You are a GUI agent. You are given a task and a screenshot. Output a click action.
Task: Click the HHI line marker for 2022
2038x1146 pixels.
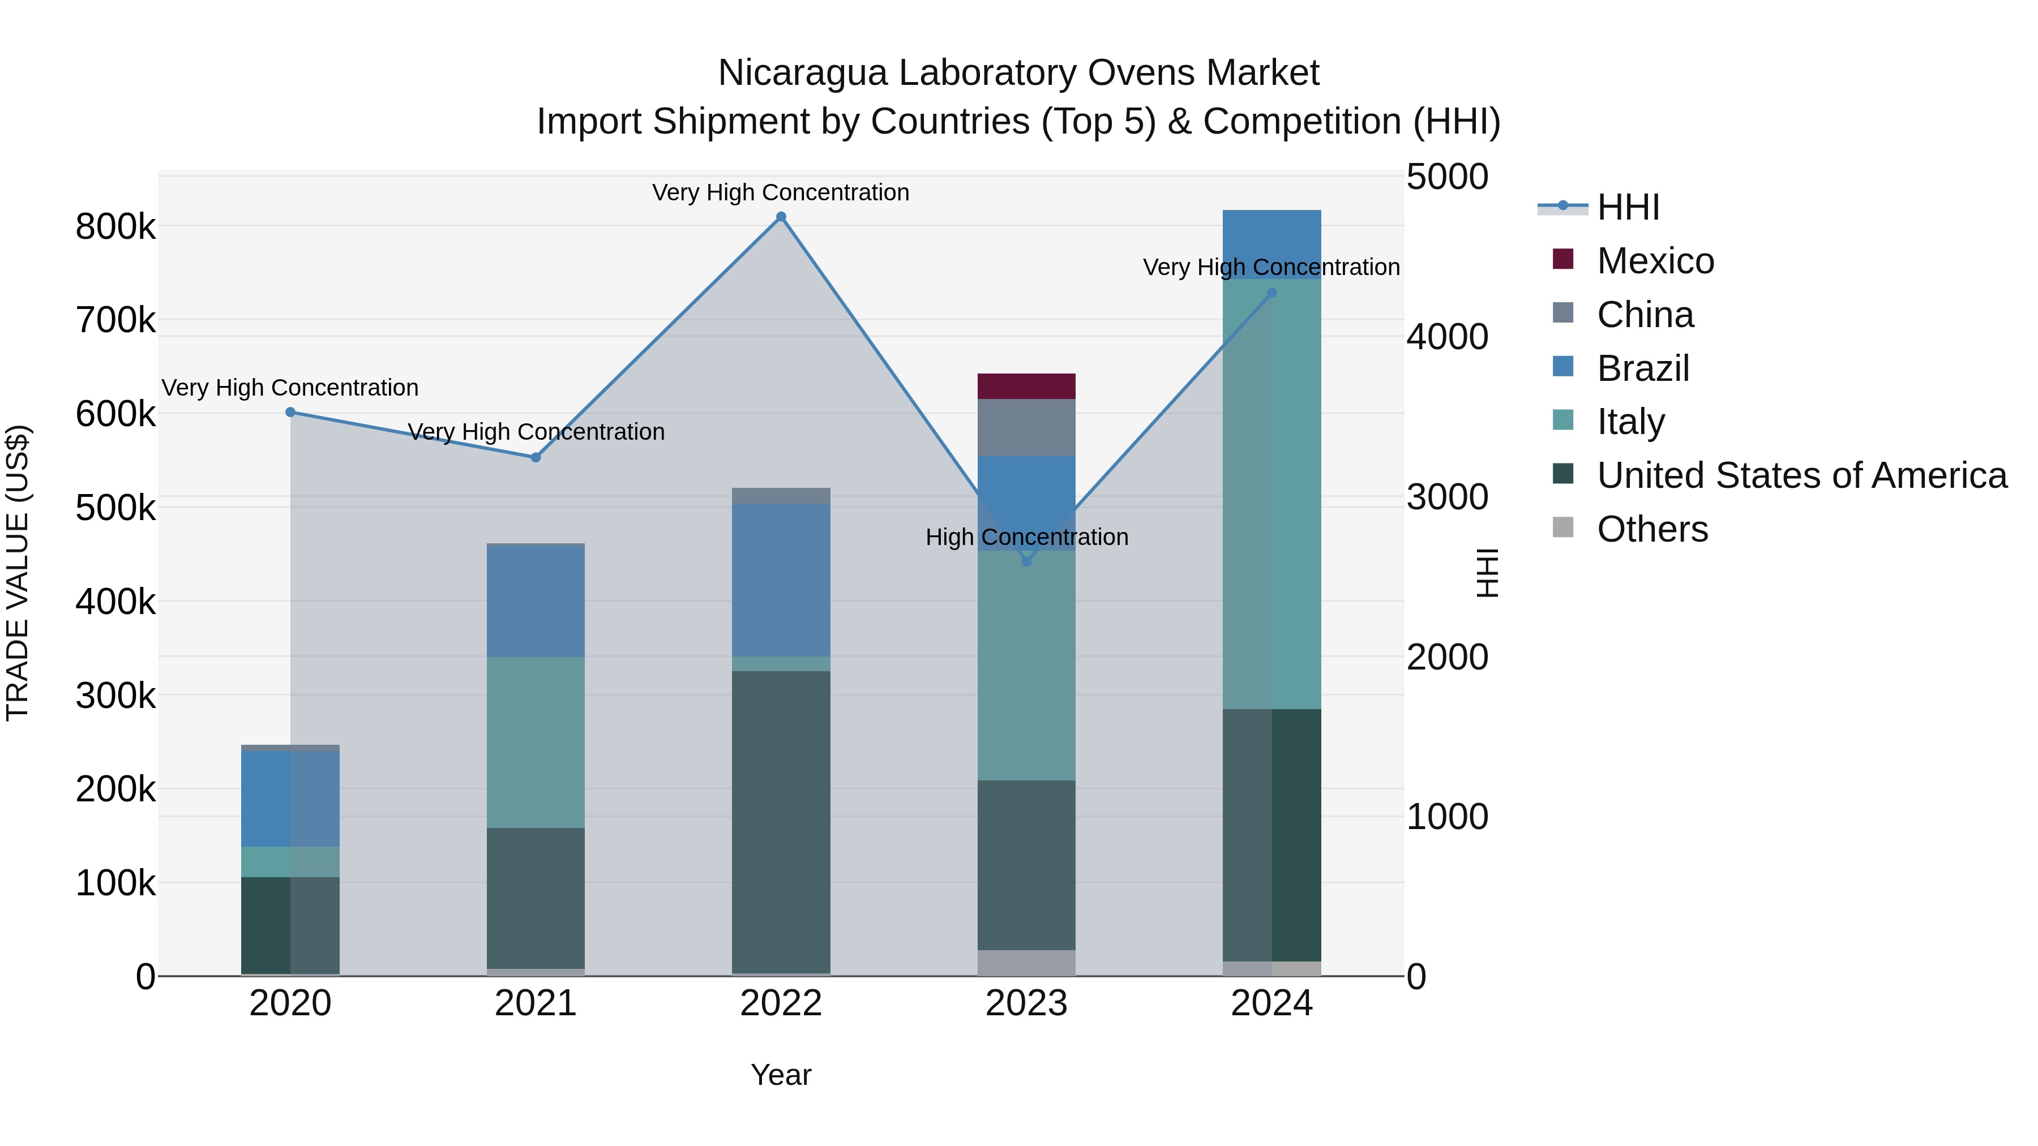point(781,217)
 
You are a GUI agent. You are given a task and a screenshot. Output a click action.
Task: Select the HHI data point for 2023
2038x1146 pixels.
point(1027,561)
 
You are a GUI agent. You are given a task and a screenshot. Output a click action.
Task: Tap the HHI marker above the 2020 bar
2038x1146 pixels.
point(290,412)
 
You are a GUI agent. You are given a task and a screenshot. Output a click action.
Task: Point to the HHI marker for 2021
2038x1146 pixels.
point(536,457)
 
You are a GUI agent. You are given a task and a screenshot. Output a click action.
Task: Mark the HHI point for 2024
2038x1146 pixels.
point(1272,293)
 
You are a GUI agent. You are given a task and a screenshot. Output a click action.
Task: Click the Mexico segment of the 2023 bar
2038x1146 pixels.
point(1026,386)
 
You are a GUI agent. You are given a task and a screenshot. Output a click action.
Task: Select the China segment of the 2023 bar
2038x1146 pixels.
point(1026,427)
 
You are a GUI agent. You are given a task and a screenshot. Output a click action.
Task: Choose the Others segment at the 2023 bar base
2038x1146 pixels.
point(1026,963)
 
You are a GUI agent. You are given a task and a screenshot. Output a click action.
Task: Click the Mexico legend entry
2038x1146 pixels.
point(1655,261)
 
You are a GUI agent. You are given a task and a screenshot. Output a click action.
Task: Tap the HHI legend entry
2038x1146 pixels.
point(1628,207)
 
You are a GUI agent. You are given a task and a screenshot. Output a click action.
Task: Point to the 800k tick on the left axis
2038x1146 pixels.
point(115,227)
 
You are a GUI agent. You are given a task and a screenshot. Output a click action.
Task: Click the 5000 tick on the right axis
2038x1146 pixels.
point(1447,177)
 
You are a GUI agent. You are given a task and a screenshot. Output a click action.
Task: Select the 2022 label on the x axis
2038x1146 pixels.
point(781,1003)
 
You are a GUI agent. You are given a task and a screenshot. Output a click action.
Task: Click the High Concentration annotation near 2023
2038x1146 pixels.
point(1027,537)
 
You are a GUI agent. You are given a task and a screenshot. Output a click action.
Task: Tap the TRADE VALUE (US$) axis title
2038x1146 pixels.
point(18,573)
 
